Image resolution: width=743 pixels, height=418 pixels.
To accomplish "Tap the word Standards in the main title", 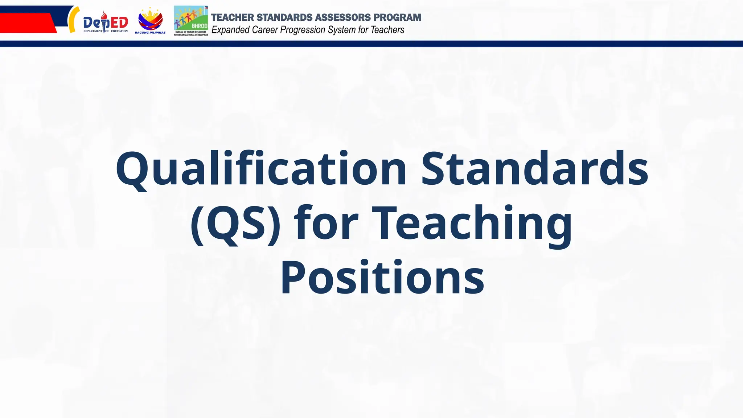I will tap(534, 169).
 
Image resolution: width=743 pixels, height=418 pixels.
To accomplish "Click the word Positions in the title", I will tap(382, 278).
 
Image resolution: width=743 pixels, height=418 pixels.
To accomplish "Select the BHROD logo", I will tap(191, 21).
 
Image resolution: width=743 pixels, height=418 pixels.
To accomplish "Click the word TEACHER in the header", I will tap(233, 17).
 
